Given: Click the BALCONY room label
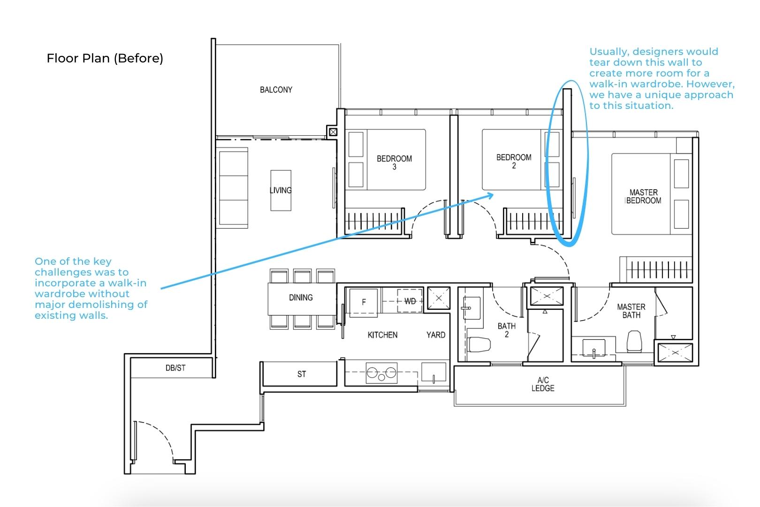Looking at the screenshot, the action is tap(276, 90).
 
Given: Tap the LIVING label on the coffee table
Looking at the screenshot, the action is tap(281, 190).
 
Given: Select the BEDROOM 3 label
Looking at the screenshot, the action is tap(394, 162).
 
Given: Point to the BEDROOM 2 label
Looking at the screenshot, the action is tap(514, 161).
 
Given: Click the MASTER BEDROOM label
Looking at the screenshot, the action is tap(643, 196).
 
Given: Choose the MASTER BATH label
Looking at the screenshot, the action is tap(631, 311).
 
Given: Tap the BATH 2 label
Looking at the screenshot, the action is tap(507, 330).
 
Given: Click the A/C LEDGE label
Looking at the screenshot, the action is tap(543, 384).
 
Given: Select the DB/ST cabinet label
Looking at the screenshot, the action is tap(175, 368).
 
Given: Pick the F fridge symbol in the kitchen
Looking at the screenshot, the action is tap(364, 302).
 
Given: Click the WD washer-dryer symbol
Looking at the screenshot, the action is tap(410, 301).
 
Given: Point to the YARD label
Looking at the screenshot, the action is tap(436, 335).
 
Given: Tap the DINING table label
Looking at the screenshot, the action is tap(301, 298).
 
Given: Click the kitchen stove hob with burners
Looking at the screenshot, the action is tap(382, 373).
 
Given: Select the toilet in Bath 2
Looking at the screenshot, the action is tap(479, 345).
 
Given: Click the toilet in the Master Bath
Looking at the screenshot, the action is tap(634, 341).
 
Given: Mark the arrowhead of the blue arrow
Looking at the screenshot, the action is tap(491, 195).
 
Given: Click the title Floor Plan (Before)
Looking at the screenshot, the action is tap(105, 58).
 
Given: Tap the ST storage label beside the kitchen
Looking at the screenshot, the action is tap(302, 374).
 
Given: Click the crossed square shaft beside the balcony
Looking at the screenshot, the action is tap(333, 132).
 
